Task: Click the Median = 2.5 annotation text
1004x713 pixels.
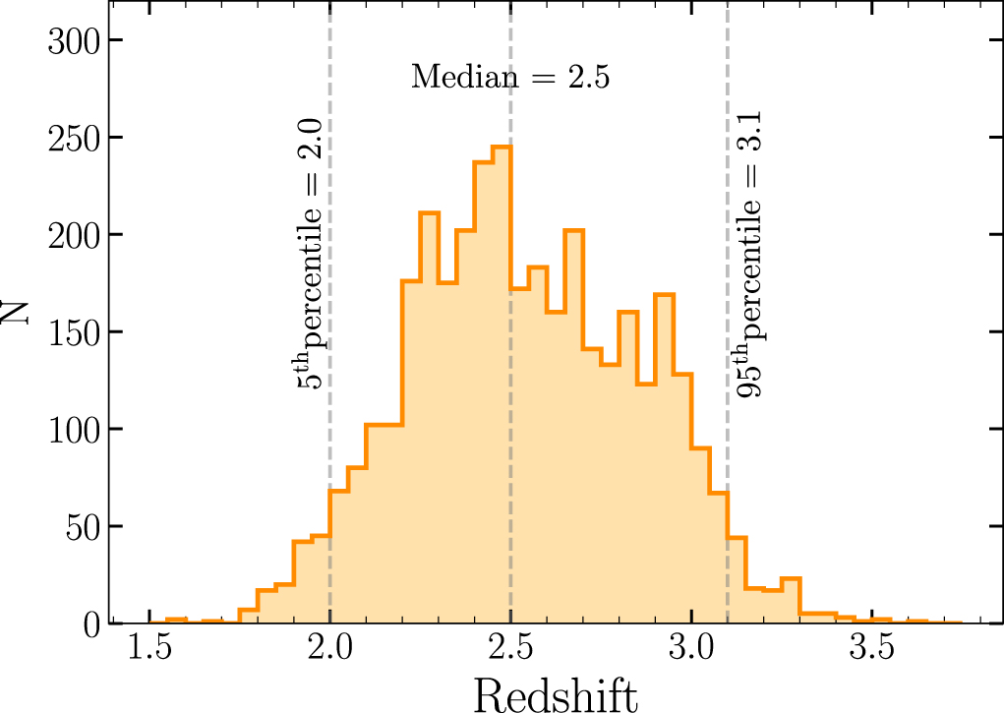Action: pyautogui.click(x=510, y=77)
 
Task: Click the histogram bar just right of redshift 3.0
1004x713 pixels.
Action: pyautogui.click(x=700, y=536)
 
